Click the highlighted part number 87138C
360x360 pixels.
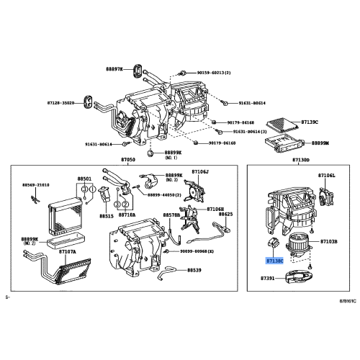point(274,263)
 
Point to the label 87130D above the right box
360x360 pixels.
point(301,160)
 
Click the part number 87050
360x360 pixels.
point(128,160)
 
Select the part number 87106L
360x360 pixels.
point(327,176)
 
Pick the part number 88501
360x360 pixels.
point(84,179)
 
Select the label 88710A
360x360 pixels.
point(127,215)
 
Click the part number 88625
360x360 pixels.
point(225,214)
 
